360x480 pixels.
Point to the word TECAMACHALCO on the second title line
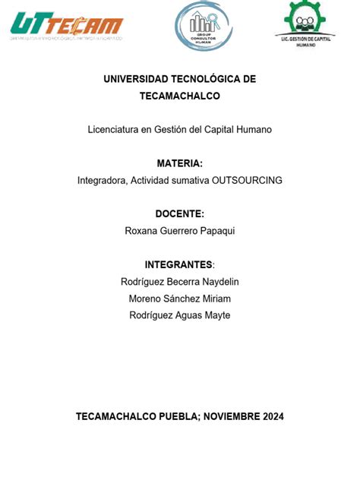[180, 96]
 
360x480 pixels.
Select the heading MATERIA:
[180, 163]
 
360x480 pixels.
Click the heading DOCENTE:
[180, 214]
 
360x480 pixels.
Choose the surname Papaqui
[216, 231]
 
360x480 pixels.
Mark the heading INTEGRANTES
[178, 264]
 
